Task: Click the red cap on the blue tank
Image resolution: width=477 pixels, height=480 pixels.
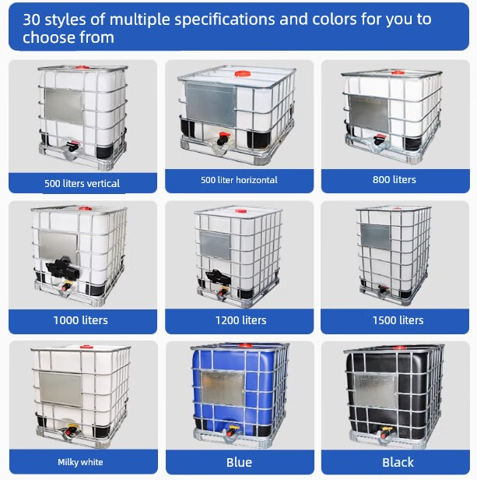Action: pos(245,346)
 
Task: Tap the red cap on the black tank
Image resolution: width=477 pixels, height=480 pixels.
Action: pos(400,348)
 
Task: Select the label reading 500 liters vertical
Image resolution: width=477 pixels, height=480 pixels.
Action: pos(82,183)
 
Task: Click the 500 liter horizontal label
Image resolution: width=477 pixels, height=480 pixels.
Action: pos(239,180)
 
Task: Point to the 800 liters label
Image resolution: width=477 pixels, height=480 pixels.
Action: pos(395,179)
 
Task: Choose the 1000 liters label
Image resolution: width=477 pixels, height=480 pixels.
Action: pos(81,320)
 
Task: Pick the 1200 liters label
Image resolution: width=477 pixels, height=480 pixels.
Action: pos(241,320)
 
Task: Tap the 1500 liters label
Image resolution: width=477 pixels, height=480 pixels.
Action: pos(398,320)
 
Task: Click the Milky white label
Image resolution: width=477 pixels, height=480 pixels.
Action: pos(80,462)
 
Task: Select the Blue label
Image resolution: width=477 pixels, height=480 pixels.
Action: pos(239,462)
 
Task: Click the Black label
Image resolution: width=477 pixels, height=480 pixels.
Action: pos(398,462)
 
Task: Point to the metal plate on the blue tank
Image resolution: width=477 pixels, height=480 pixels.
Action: pos(223,388)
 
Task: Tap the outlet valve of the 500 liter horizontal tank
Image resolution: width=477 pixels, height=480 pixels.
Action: pos(223,139)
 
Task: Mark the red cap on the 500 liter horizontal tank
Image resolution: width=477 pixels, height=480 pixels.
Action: pos(243,73)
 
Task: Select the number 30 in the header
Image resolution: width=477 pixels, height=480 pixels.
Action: pos(31,19)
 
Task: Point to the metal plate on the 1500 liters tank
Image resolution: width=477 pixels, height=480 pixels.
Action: pos(376,236)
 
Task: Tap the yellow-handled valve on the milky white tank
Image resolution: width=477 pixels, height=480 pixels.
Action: pos(72,429)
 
